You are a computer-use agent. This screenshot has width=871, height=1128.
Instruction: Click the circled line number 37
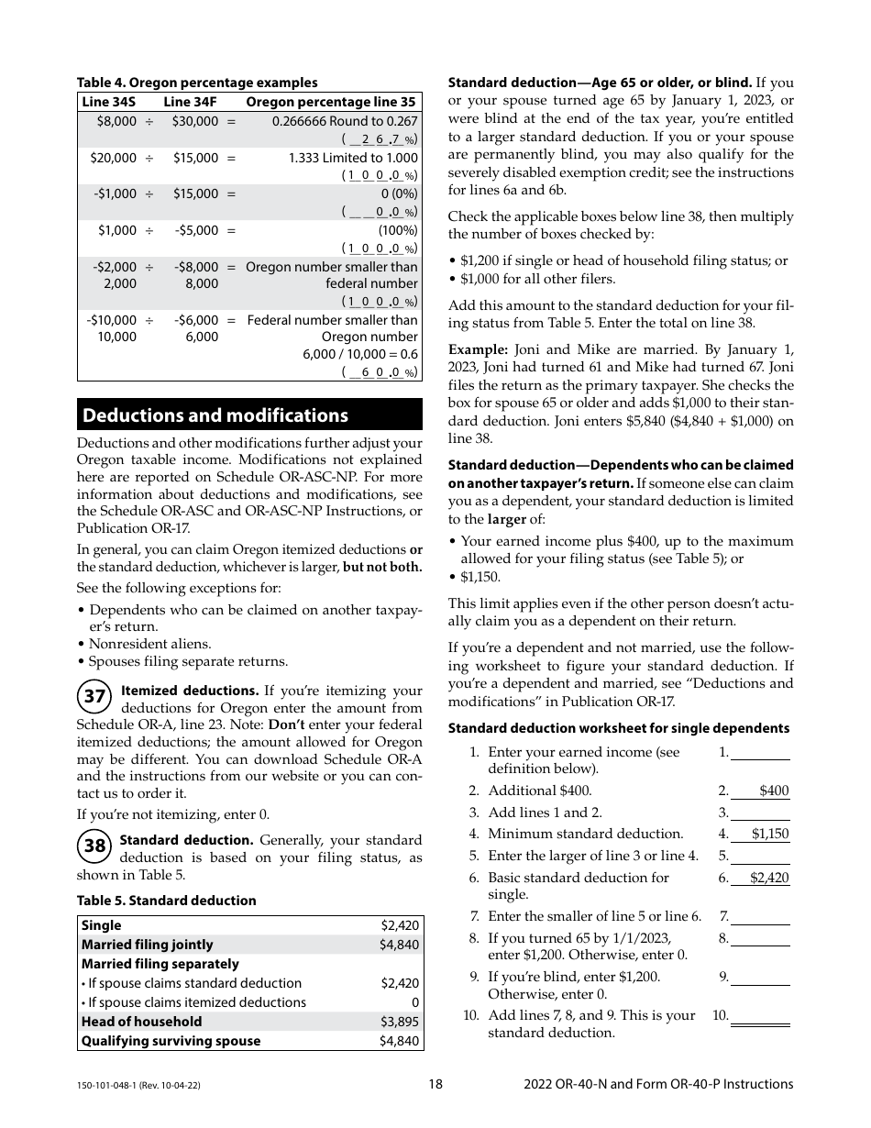94,697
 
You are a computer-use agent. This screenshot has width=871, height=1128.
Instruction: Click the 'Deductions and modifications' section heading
215,415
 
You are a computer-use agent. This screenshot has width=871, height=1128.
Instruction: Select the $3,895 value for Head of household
399,1022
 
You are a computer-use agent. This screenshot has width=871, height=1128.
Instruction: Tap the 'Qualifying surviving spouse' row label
171,1041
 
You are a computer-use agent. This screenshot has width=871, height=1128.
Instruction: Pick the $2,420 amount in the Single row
400,925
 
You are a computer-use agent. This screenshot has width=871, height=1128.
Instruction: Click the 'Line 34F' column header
191,102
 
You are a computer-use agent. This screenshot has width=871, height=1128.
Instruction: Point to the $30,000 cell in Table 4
195,121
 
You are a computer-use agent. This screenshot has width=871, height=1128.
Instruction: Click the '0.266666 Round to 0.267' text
345,121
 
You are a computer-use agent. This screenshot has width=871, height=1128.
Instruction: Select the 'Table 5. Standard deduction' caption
166,901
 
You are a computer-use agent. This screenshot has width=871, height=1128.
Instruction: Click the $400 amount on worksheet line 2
773,791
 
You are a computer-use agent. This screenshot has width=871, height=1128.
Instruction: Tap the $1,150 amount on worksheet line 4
769,834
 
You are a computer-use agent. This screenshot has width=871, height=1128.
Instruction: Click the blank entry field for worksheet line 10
760,1016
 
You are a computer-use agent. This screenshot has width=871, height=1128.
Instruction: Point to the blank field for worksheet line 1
760,752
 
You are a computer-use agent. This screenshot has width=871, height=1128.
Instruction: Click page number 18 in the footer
435,1084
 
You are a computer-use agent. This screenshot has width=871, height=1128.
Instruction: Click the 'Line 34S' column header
108,102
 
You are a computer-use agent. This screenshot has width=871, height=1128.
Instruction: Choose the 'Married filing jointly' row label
147,945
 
